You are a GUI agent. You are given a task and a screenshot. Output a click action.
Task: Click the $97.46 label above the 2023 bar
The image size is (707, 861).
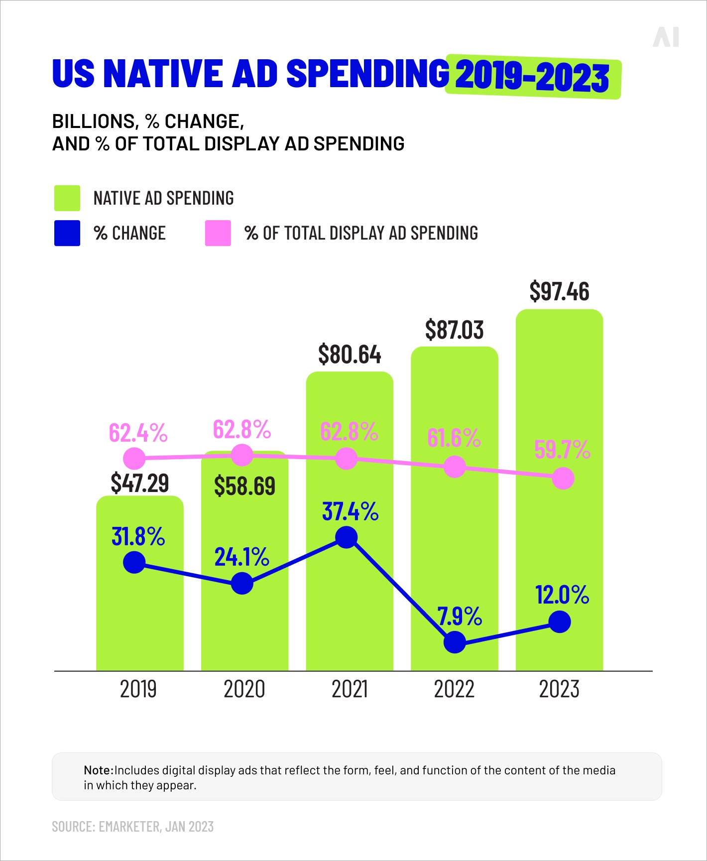(559, 291)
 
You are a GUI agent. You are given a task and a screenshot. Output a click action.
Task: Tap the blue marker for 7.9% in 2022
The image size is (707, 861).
(454, 642)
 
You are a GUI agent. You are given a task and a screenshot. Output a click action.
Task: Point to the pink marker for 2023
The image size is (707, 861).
(563, 479)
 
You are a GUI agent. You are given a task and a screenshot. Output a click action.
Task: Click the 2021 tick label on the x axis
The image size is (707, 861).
(350, 689)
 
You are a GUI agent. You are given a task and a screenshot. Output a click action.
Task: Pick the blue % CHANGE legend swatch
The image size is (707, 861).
(67, 233)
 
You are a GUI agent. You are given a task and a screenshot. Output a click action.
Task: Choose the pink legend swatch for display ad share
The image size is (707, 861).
(218, 233)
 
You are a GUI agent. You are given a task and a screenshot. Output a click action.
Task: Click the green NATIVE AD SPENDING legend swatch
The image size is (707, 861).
(67, 198)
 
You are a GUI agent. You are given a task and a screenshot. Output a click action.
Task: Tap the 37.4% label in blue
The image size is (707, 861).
(350, 511)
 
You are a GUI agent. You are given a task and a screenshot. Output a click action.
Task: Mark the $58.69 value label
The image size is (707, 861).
(244, 486)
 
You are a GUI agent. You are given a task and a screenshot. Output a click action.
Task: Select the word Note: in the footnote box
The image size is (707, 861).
(99, 770)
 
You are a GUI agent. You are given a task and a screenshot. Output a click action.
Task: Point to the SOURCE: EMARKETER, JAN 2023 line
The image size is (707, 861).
(133, 827)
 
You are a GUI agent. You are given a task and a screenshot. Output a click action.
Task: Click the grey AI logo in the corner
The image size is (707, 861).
(666, 37)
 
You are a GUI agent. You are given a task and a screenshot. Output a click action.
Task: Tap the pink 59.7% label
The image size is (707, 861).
(562, 450)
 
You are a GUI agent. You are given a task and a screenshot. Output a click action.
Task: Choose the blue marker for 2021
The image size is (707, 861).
(347, 537)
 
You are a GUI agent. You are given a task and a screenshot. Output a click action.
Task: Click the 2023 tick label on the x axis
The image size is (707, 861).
(559, 689)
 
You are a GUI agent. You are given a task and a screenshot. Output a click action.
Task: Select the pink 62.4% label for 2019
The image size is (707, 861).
(138, 433)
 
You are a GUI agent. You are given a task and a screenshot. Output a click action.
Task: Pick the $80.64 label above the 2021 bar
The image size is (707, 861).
(350, 355)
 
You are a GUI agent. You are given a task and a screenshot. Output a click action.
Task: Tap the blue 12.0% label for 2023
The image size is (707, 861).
(562, 595)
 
